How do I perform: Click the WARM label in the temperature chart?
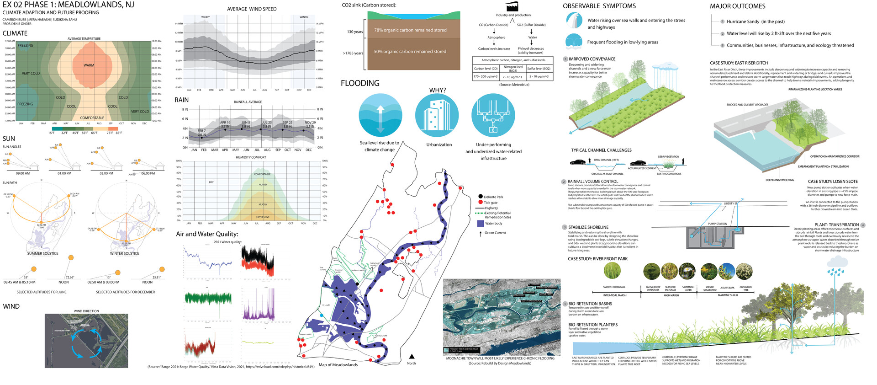click(x=89, y=65)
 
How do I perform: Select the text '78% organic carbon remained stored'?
click(x=410, y=30)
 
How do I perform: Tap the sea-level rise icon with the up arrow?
click(x=380, y=115)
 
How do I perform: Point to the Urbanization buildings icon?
click(x=437, y=115)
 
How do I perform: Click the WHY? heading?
click(x=437, y=91)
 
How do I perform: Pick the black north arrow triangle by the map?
click(x=412, y=356)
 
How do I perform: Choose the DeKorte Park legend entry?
click(x=493, y=197)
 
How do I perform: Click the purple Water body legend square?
click(x=480, y=224)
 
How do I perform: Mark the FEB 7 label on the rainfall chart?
click(x=201, y=131)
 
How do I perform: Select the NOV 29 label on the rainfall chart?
click(x=310, y=123)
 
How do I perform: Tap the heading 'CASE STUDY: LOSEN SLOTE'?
click(x=833, y=182)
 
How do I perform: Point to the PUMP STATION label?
click(x=717, y=224)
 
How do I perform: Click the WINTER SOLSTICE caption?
click(x=124, y=253)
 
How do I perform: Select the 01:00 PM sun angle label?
click(x=64, y=173)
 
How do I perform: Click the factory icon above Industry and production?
click(x=512, y=6)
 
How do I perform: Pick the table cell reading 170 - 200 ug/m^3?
click(x=485, y=77)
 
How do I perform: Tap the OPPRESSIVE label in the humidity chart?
click(x=263, y=217)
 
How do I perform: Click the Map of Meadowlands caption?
click(x=338, y=365)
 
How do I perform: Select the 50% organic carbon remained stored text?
click(x=410, y=52)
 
